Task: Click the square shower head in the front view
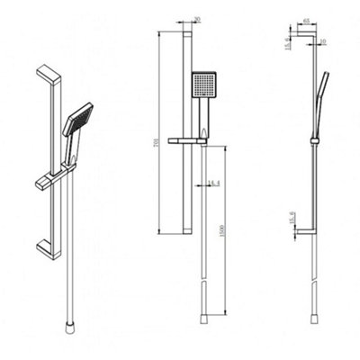204,86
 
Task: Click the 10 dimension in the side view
321,40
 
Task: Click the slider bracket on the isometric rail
52,177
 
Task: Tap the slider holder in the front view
194,140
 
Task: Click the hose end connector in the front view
205,317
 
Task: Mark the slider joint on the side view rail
313,139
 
